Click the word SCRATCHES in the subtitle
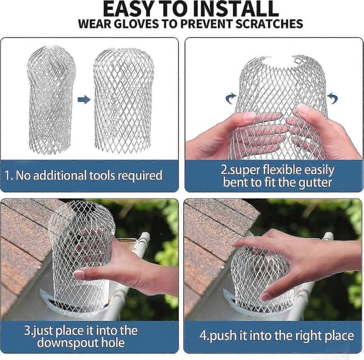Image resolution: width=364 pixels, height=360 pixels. pos(269,24)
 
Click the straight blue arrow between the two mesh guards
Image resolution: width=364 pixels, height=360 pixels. pos(84,100)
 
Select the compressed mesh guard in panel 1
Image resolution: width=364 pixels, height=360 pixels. pos(51,100)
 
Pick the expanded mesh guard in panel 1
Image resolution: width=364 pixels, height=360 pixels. pos(124,100)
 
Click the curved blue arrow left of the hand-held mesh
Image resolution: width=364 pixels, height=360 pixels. pos(231,98)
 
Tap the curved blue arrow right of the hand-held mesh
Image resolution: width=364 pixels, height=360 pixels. pos(332,98)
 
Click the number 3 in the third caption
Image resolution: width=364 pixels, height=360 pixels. pos(27,330)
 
